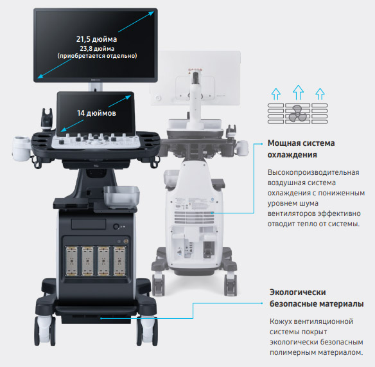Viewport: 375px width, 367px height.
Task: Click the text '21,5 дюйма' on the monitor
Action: [96, 39]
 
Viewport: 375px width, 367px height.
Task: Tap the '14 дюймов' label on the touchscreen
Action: [96, 113]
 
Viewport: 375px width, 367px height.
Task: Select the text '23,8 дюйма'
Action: [97, 49]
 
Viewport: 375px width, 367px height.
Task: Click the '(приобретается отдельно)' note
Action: [97, 56]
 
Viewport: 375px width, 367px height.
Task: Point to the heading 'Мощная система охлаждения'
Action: [301, 149]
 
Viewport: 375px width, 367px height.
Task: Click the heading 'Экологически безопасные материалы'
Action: [317, 298]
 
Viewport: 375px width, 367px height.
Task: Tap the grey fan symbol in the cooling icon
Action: [297, 113]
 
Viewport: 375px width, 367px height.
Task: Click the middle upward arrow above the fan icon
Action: [298, 92]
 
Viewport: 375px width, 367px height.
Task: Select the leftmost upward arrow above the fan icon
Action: [276, 94]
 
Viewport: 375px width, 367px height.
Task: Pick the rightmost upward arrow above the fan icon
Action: [320, 94]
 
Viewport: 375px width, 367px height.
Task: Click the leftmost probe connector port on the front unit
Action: [71, 261]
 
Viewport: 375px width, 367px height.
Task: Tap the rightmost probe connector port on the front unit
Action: [119, 261]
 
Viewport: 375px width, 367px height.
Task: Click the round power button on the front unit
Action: [116, 226]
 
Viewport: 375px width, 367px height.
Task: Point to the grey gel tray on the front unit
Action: [121, 196]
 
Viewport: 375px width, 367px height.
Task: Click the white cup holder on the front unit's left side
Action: [22, 148]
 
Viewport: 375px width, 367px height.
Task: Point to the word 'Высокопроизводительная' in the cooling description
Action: [313, 172]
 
